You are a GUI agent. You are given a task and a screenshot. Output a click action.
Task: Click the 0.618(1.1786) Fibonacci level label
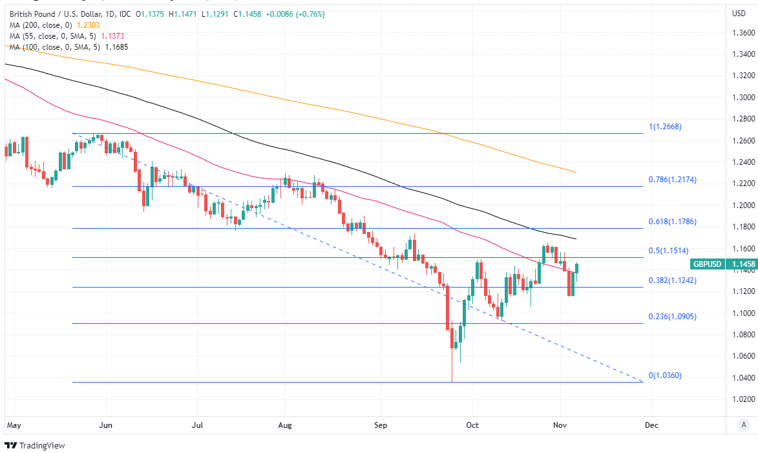coord(672,222)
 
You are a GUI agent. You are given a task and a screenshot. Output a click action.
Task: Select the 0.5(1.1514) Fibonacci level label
coord(669,251)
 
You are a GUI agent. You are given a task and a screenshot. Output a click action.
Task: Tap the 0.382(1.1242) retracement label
coord(672,280)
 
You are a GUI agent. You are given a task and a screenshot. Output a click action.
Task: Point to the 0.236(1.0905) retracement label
coord(672,317)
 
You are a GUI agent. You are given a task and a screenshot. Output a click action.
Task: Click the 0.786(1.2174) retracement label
coord(672,180)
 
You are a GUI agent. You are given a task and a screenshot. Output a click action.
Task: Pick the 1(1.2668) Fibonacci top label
coord(665,127)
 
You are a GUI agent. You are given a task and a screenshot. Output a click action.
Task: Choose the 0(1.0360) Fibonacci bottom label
coord(665,375)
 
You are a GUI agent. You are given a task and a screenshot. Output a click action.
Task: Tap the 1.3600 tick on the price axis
coord(742,33)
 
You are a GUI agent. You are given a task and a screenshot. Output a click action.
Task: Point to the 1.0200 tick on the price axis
coord(742,399)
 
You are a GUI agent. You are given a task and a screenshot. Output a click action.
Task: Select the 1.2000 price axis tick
coord(742,205)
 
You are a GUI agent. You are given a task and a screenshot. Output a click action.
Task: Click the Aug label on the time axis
coord(285,425)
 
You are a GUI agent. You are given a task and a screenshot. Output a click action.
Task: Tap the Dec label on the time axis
coord(651,425)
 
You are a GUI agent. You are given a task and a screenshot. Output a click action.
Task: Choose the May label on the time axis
coord(14,425)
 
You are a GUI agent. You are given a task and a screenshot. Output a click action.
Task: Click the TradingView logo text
coord(42,445)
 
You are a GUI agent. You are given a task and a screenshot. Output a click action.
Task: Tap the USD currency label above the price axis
coord(739,14)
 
